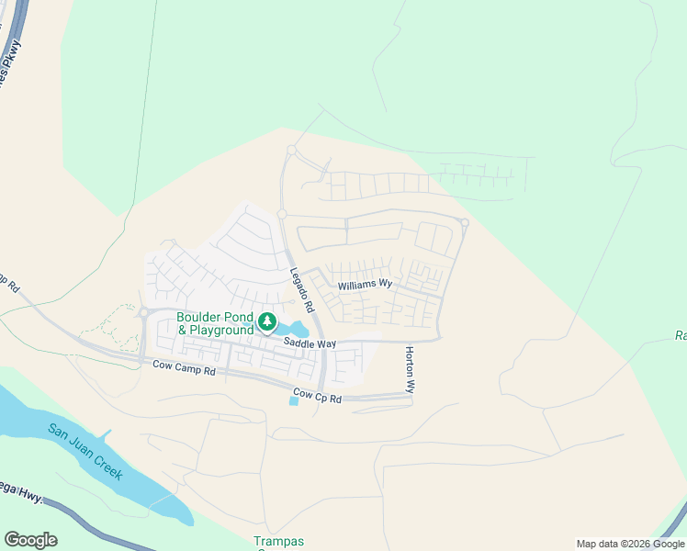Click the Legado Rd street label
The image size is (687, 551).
[302, 288]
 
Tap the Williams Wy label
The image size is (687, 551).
[365, 286]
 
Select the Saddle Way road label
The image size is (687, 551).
[310, 343]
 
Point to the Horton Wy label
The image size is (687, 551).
[411, 370]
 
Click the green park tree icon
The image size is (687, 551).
[267, 321]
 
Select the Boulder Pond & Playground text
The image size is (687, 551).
[215, 323]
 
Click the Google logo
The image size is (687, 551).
[30, 539]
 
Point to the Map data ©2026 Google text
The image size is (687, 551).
[631, 544]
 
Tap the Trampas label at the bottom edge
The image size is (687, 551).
[278, 542]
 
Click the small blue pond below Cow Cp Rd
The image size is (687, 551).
[294, 401]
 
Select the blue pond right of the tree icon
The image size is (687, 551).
[296, 329]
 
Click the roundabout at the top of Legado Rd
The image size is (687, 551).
[291, 150]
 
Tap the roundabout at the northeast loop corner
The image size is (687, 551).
[465, 223]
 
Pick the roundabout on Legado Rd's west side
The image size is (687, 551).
[282, 214]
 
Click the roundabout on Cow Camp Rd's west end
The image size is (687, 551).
[143, 312]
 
